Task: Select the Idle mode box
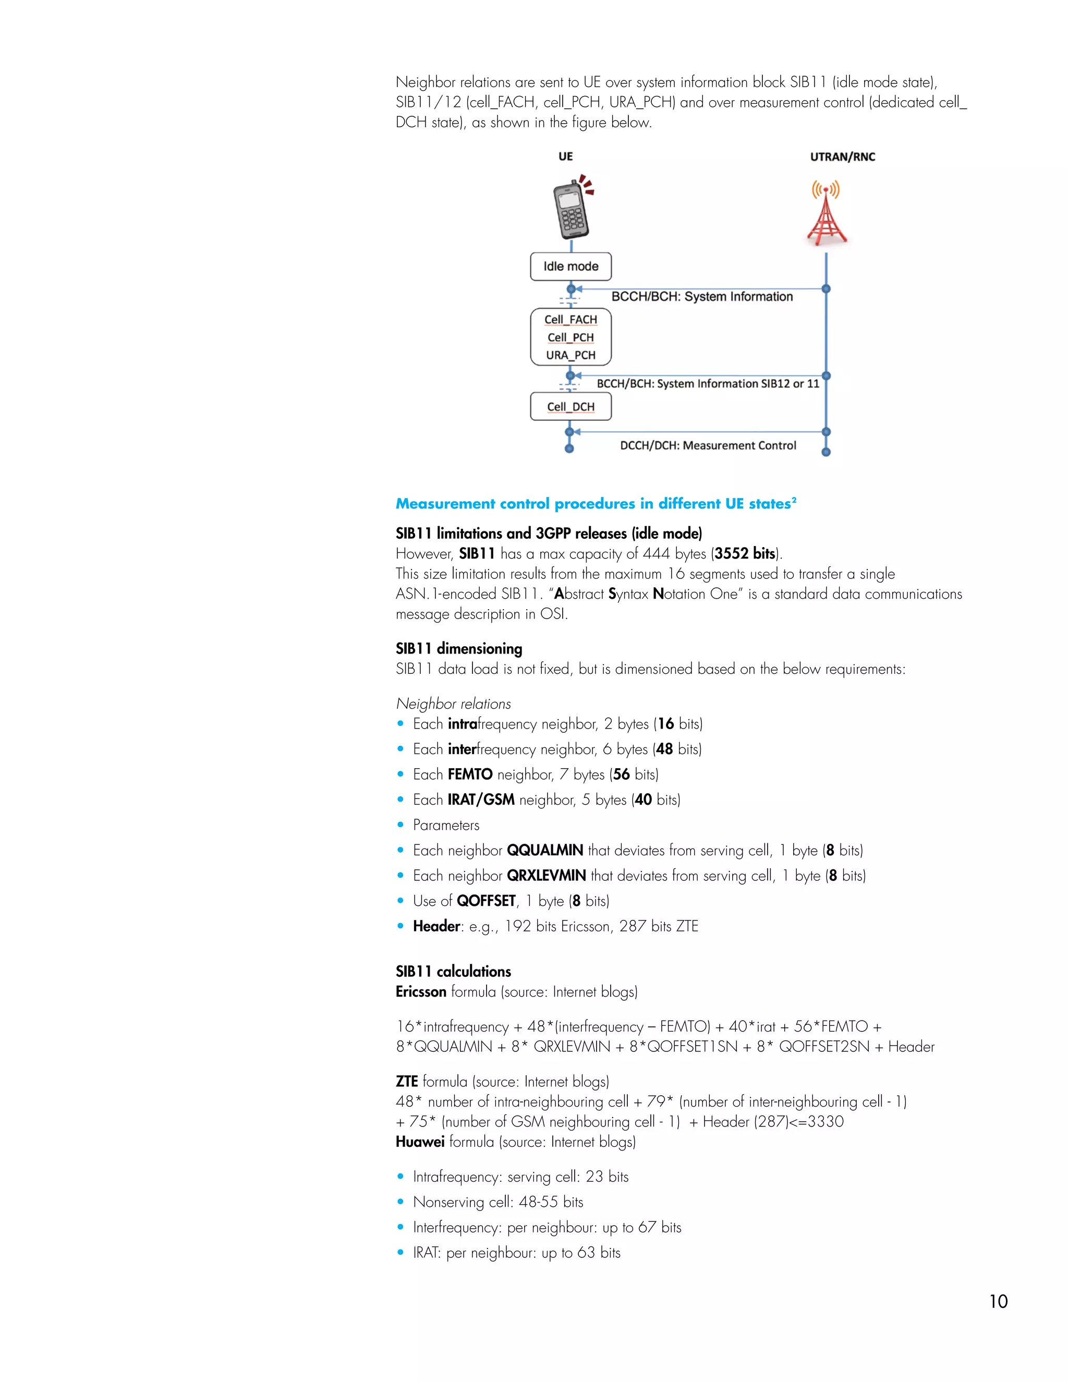click(571, 266)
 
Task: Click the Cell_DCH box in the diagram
click(571, 407)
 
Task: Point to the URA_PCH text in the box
click(571, 355)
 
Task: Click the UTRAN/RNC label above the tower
click(842, 157)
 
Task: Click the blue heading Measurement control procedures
click(594, 504)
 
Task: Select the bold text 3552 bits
click(745, 554)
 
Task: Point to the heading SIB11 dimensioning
click(459, 649)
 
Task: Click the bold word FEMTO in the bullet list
click(469, 774)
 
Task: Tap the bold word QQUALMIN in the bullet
click(545, 851)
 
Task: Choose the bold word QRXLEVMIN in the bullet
click(546, 876)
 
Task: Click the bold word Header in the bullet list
click(436, 926)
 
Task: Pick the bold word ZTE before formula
click(406, 1082)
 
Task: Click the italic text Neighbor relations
click(453, 704)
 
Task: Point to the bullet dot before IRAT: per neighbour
click(400, 1252)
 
